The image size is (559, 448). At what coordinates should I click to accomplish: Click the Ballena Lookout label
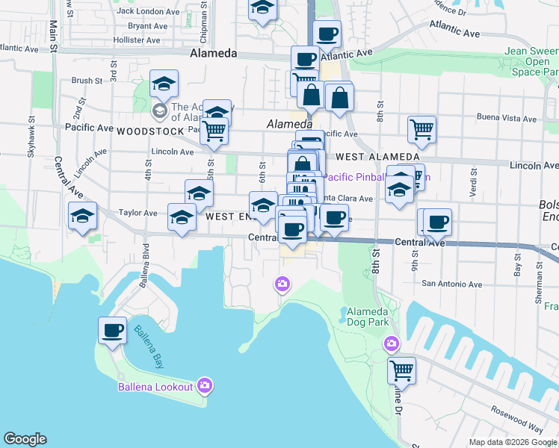pyautogui.click(x=155, y=386)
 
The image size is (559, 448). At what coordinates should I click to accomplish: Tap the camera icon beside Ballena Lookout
pyautogui.click(x=204, y=385)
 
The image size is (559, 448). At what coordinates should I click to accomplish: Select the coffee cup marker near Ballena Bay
pyautogui.click(x=112, y=330)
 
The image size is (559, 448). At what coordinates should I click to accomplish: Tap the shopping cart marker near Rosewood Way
pyautogui.click(x=401, y=370)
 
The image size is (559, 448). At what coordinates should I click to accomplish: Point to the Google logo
pyautogui.click(x=25, y=439)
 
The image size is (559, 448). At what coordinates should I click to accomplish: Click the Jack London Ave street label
pyautogui.click(x=148, y=11)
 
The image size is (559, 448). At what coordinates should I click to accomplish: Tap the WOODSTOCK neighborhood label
pyautogui.click(x=149, y=131)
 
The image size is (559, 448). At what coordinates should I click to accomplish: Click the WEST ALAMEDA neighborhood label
pyautogui.click(x=377, y=157)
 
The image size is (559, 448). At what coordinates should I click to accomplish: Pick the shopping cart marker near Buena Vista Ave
pyautogui.click(x=421, y=129)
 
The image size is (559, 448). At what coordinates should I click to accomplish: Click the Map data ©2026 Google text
pyautogui.click(x=512, y=442)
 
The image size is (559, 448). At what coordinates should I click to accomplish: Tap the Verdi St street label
pyautogui.click(x=472, y=180)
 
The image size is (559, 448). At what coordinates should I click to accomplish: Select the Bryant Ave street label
pyautogui.click(x=148, y=25)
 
